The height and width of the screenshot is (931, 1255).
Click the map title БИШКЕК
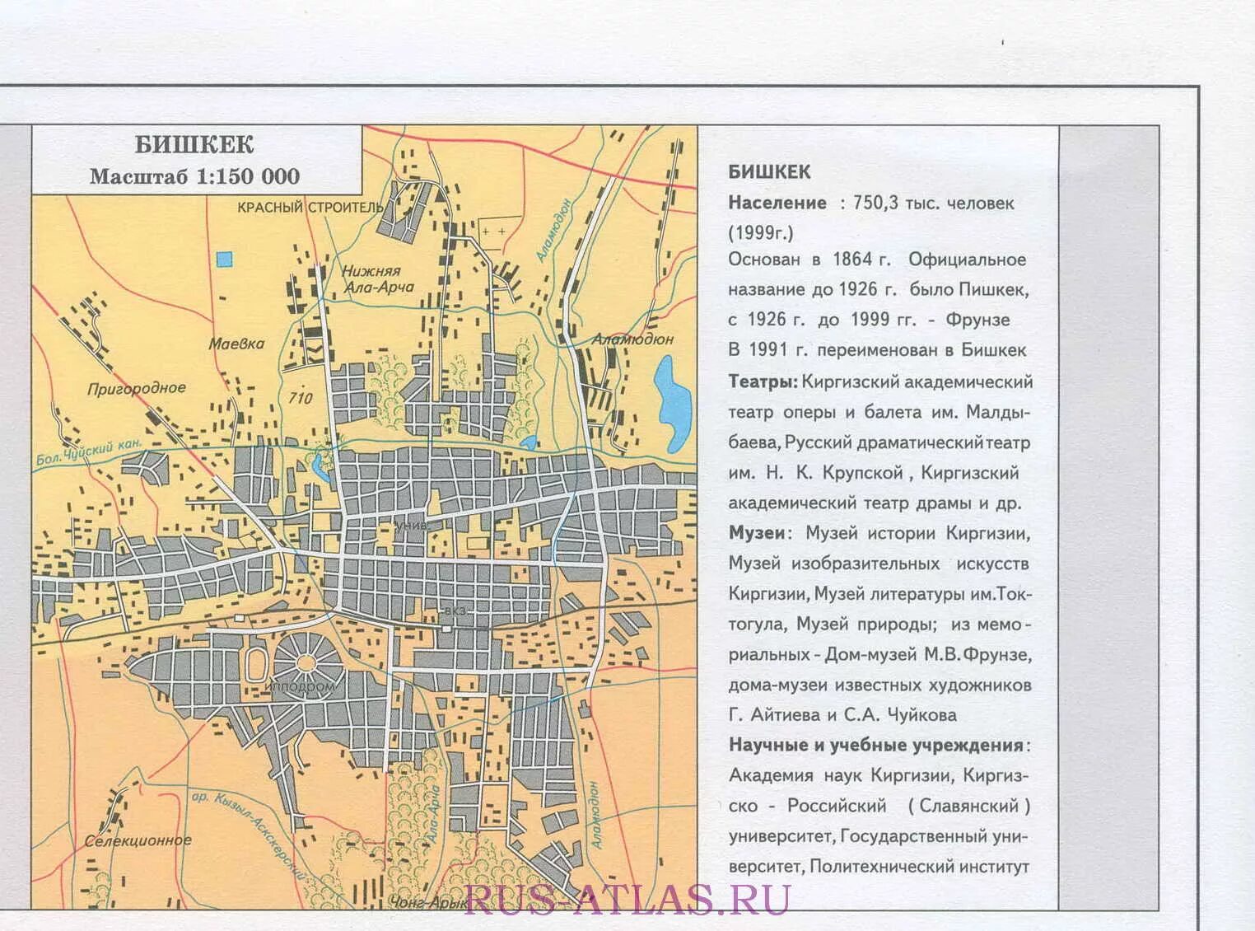[x=194, y=145]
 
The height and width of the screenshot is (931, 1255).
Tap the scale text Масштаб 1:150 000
[x=194, y=176]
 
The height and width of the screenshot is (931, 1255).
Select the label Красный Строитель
[x=310, y=207]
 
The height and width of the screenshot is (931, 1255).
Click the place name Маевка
[x=236, y=344]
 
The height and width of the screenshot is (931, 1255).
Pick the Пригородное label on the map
[x=137, y=388]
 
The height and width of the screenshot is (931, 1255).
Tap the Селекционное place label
[x=138, y=841]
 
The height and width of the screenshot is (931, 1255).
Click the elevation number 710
[x=301, y=398]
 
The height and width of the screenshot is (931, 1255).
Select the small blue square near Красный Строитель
[x=224, y=259]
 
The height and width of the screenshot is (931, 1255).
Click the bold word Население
[x=777, y=204]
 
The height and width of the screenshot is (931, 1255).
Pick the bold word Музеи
[x=757, y=533]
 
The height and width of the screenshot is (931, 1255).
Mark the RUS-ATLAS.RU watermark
[x=627, y=899]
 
